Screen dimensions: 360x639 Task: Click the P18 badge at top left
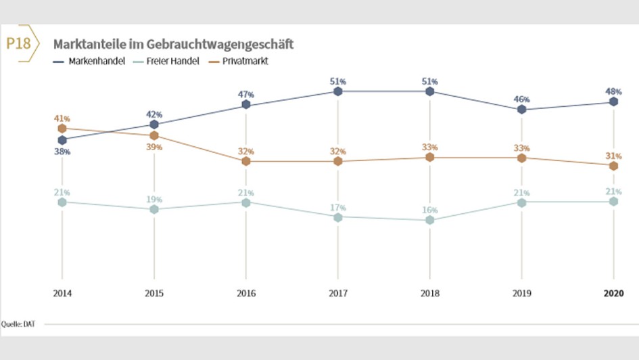pos(18,44)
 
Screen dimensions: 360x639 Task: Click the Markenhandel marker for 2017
pos(338,91)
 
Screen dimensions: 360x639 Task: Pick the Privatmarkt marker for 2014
pos(62,128)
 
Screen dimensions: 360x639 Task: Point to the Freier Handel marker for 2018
pos(430,220)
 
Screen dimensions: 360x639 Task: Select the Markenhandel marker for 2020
pos(613,102)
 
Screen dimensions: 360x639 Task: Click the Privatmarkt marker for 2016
pos(246,161)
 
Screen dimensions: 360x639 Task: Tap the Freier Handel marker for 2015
pos(154,209)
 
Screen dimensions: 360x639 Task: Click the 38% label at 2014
pos(62,152)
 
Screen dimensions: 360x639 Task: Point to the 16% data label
pos(430,210)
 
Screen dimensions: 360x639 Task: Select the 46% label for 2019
pos(521,99)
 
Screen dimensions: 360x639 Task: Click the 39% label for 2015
pos(155,148)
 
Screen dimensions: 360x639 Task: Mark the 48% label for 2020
pos(613,91)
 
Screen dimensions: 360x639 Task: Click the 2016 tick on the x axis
pos(246,293)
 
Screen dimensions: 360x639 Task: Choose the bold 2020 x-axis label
pos(613,293)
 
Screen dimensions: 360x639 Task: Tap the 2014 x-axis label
pos(62,293)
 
